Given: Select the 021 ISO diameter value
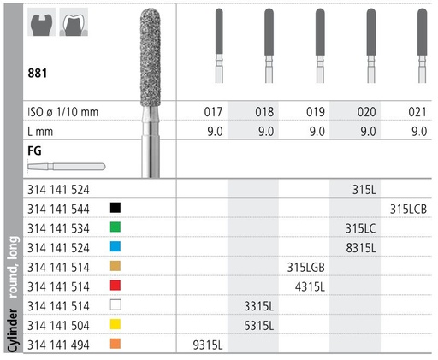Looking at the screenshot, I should pyautogui.click(x=419, y=111).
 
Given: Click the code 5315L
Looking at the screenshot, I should pyautogui.click(x=257, y=326).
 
